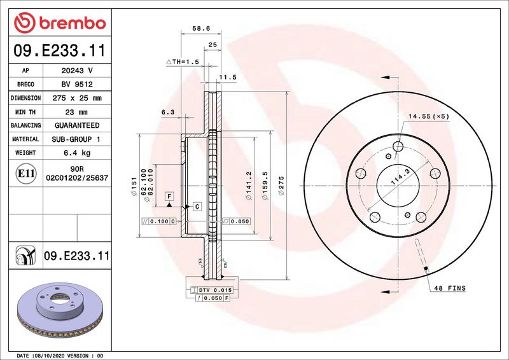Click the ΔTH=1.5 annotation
(x=183, y=62)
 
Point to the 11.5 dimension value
(x=227, y=77)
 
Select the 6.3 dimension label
(x=168, y=112)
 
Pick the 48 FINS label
(x=450, y=288)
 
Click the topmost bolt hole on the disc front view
(x=398, y=147)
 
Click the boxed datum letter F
(x=170, y=197)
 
